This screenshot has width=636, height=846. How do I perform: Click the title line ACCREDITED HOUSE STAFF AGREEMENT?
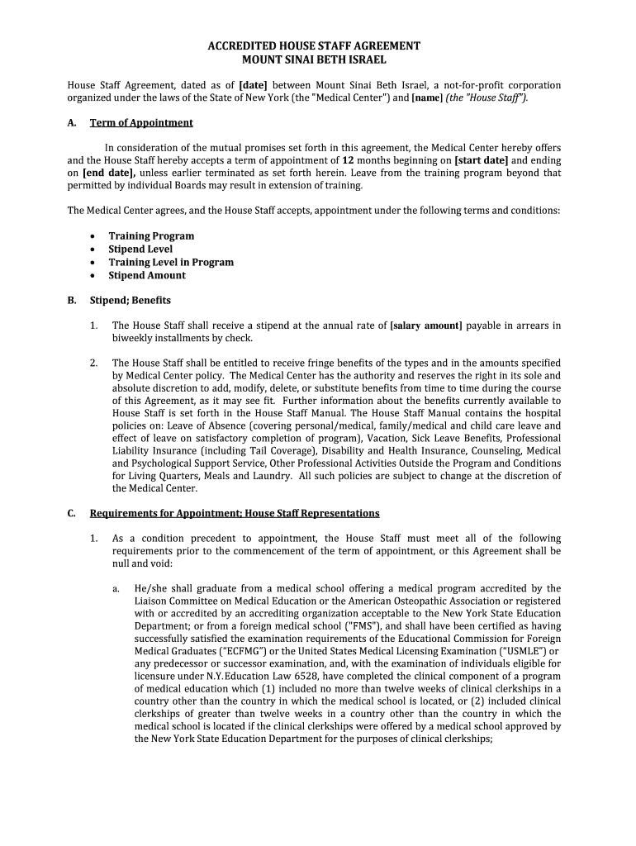[x=314, y=46]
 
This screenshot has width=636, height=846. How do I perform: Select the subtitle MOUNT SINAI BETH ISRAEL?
[x=314, y=60]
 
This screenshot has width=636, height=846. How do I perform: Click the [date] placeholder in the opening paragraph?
[x=252, y=85]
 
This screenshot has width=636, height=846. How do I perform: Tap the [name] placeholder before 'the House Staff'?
[x=427, y=97]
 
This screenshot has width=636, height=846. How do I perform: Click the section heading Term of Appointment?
[x=141, y=123]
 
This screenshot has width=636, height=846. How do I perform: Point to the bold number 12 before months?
[x=349, y=160]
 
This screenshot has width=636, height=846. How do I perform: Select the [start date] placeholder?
[x=482, y=160]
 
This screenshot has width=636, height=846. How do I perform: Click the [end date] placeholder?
[x=108, y=173]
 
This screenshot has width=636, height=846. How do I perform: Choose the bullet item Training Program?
[x=151, y=236]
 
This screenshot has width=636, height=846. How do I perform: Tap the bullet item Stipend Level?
[x=140, y=250]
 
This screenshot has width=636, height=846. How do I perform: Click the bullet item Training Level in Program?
[x=171, y=263]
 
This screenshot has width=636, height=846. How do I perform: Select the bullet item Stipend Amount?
[x=147, y=276]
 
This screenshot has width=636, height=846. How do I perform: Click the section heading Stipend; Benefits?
[x=131, y=301]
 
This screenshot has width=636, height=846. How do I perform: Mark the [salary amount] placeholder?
[x=425, y=326]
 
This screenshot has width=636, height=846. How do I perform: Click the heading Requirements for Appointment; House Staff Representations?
[x=235, y=513]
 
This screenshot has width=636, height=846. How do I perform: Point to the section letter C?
[x=71, y=513]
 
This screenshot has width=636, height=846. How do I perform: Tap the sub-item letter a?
[x=116, y=589]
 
